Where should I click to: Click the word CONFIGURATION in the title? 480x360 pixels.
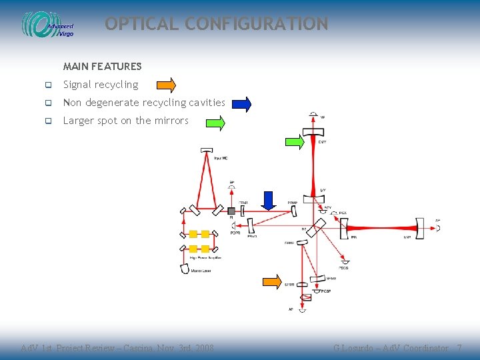pyautogui.click(x=257, y=24)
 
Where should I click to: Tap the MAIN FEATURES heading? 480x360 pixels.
pyautogui.click(x=102, y=67)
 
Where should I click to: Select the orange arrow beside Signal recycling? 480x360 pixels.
pyautogui.click(x=166, y=85)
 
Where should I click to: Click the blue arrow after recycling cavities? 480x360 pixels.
pyautogui.click(x=241, y=104)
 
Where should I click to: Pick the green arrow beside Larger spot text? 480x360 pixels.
pyautogui.click(x=215, y=123)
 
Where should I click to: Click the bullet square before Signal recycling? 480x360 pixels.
pyautogui.click(x=48, y=85)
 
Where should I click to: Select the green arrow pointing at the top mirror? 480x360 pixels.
pyautogui.click(x=294, y=141)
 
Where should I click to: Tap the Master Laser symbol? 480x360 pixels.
pyautogui.click(x=185, y=268)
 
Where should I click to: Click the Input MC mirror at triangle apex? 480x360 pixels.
pyautogui.click(x=207, y=150)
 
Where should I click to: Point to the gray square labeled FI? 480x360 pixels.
pyautogui.click(x=231, y=211)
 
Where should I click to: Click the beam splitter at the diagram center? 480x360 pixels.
pyautogui.click(x=315, y=227)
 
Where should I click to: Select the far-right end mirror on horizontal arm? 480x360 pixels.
pyautogui.click(x=420, y=227)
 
